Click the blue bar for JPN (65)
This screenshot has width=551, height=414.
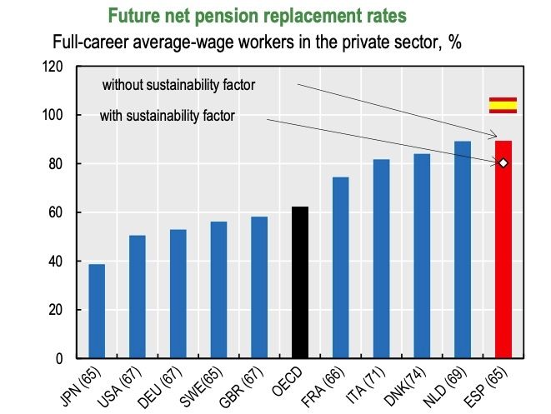[x=98, y=312]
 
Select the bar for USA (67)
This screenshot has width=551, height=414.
[x=138, y=297]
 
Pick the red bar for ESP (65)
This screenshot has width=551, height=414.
[x=503, y=250]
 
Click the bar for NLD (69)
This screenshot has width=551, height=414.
[x=462, y=250]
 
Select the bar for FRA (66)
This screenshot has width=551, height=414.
[x=340, y=268]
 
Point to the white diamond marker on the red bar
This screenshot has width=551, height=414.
[x=503, y=162]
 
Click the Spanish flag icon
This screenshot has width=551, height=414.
[x=503, y=105]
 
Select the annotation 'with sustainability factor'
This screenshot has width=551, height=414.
[x=167, y=116]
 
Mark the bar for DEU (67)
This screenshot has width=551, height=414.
[x=178, y=294]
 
